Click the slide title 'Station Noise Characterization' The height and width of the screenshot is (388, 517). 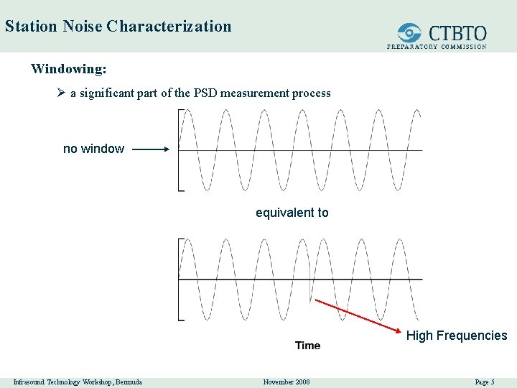coord(118,27)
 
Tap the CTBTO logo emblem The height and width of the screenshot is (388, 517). coord(410,33)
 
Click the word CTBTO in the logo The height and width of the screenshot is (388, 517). coord(457,33)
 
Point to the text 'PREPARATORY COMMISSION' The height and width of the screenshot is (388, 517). coord(437,47)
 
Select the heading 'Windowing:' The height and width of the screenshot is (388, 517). coord(69,69)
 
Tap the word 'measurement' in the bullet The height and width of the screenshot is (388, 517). coord(253,93)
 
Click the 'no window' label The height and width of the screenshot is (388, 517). coord(93,149)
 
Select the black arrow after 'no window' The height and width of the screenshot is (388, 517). coord(151,149)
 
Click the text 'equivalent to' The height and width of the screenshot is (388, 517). coord(292,213)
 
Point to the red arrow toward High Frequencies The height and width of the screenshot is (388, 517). coord(356,317)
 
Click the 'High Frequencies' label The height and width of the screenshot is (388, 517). coord(457,336)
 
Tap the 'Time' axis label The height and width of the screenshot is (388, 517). coord(308,346)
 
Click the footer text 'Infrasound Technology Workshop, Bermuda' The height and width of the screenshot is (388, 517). coord(78,382)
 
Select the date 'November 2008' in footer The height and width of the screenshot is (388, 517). coord(287,382)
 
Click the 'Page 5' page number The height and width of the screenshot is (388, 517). coord(485,382)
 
